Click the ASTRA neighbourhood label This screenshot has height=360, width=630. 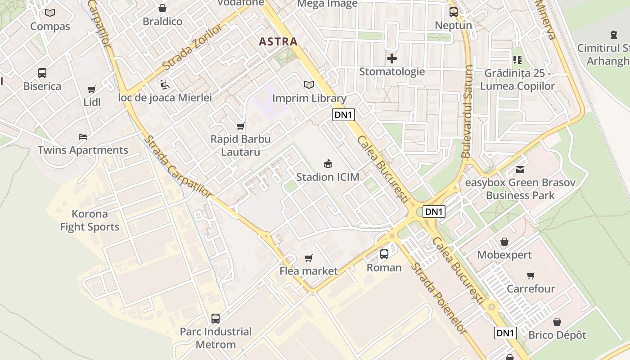[x=278, y=42]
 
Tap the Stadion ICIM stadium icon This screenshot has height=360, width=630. [x=328, y=164]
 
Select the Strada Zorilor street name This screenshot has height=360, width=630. [x=193, y=48]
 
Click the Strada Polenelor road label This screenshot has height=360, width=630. [x=438, y=297]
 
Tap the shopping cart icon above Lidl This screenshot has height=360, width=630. [x=92, y=90]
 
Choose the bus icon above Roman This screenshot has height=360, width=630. [x=384, y=254]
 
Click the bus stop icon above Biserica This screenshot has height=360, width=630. [x=42, y=73]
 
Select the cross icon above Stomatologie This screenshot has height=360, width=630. [x=392, y=58]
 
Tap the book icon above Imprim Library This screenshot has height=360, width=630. [x=309, y=85]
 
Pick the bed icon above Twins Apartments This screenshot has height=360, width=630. [x=83, y=137]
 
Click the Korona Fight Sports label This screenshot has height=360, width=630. [x=90, y=220]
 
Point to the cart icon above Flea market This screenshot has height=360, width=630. [x=308, y=258]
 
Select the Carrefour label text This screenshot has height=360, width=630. [x=531, y=288]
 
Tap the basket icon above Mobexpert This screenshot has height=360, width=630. [x=504, y=242]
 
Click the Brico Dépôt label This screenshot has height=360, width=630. [x=557, y=335]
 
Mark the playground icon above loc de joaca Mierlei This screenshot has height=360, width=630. [x=165, y=84]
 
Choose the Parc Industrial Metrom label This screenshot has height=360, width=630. [x=216, y=338]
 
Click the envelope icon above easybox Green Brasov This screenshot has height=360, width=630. [x=520, y=170]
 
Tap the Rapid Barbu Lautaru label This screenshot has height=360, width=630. [x=240, y=145]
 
